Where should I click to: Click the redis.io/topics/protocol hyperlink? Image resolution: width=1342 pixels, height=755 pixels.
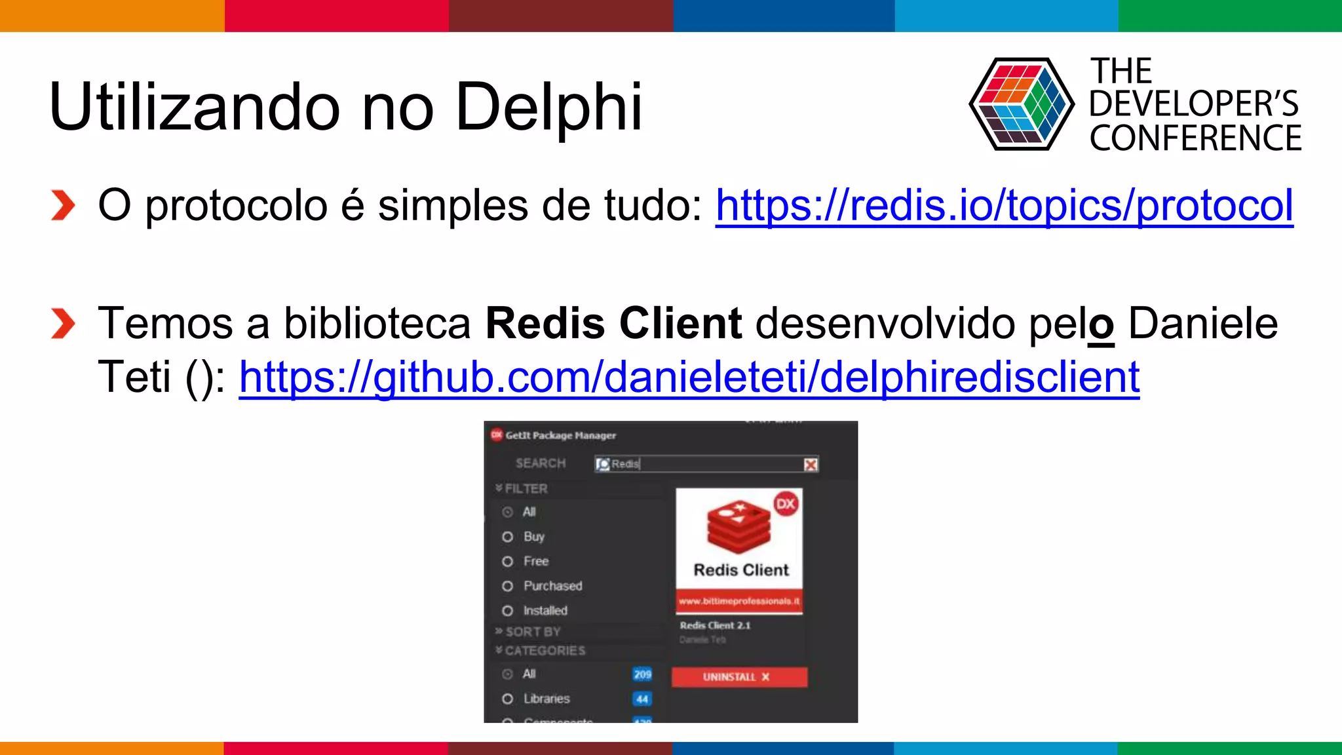[x=1004, y=206]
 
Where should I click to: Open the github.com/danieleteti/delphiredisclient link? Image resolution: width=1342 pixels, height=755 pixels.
[x=689, y=377]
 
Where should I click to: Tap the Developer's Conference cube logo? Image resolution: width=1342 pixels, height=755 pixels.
[x=1021, y=104]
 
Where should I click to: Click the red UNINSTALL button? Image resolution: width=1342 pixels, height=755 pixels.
[x=739, y=677]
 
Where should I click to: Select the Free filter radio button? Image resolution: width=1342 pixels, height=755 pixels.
[x=507, y=562]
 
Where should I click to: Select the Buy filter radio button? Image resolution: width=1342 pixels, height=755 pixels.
[x=507, y=537]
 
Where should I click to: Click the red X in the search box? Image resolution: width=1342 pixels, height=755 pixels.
[x=811, y=465]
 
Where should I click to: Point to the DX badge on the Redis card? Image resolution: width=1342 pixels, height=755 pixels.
[x=785, y=504]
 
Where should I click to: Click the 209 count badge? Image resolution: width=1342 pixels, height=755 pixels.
[x=642, y=674]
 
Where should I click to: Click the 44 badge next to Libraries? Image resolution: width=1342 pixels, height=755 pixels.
[x=642, y=699]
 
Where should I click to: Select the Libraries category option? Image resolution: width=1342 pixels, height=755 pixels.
[x=507, y=699]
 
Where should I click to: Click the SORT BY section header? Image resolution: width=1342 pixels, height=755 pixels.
[x=533, y=632]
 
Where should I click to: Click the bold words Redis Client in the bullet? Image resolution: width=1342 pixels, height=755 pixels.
[x=613, y=324]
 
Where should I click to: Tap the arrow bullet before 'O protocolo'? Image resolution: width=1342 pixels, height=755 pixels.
[x=63, y=206]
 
